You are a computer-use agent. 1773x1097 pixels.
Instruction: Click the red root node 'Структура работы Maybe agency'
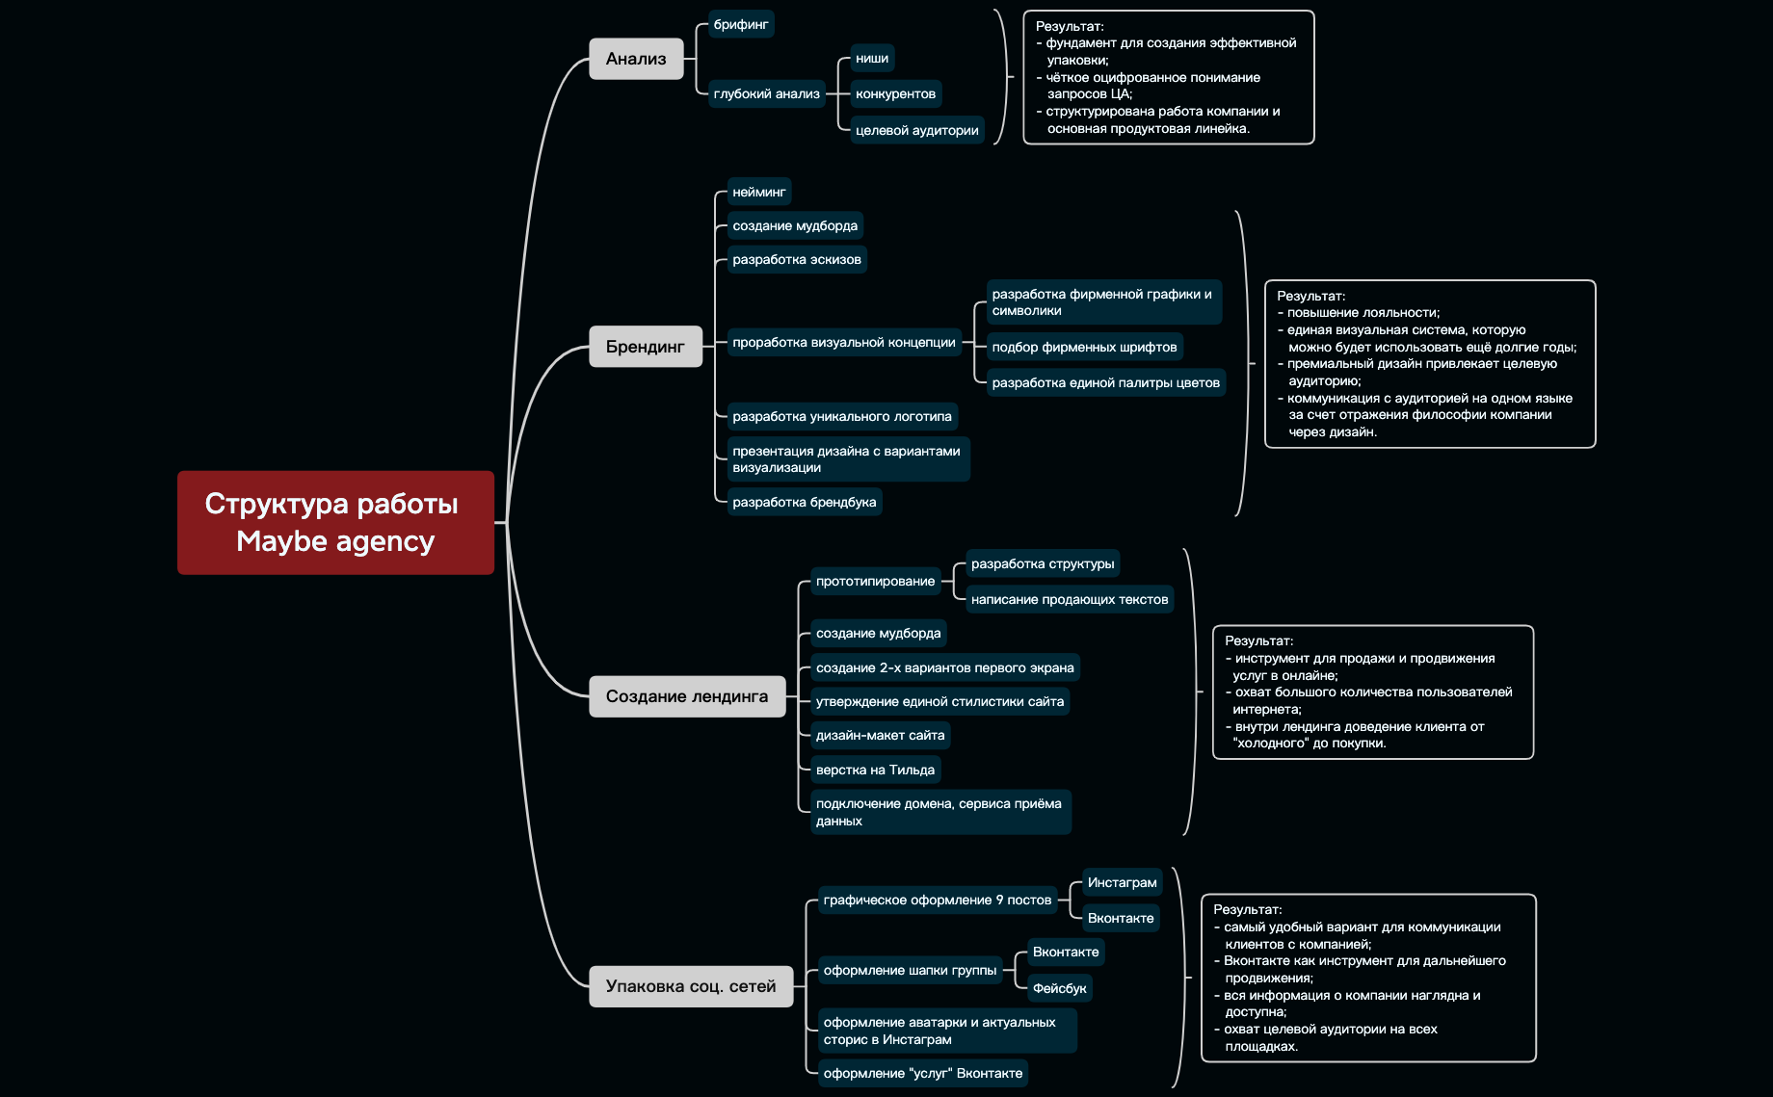coord(335,522)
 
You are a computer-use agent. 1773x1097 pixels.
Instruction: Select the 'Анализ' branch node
coord(636,59)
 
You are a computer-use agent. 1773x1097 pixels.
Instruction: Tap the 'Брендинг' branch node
coord(645,347)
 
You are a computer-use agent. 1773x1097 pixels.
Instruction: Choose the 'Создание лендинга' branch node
coord(686,696)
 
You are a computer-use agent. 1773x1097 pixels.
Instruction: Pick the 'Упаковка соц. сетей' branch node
coord(690,986)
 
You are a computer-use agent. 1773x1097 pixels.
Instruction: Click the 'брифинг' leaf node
coord(740,24)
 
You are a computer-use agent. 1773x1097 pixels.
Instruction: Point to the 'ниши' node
coord(871,59)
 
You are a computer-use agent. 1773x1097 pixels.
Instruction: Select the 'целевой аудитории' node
coord(916,130)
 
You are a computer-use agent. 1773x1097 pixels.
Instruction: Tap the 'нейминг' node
coord(758,192)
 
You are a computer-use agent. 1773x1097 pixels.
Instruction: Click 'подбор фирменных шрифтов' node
coord(1084,347)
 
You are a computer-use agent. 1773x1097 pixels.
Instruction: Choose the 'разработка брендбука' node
coord(804,502)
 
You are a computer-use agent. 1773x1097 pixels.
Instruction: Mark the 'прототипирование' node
coord(875,581)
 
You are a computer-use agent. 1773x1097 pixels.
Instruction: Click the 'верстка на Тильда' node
coord(875,770)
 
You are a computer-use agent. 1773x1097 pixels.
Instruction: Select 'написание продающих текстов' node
coord(1069,599)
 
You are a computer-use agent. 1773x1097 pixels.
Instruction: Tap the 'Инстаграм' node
coord(1122,882)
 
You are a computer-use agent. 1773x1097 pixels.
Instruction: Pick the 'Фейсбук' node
coord(1059,988)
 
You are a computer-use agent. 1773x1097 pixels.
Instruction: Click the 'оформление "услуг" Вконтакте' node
coord(922,1073)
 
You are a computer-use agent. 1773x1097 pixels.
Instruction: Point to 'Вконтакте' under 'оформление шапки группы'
coord(1065,952)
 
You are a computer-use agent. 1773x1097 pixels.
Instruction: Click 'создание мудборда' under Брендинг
coord(794,225)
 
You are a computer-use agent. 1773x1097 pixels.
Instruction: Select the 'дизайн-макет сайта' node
coord(880,735)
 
